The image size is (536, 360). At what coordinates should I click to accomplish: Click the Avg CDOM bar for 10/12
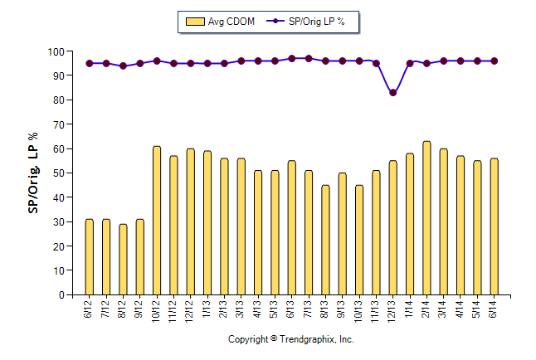157,221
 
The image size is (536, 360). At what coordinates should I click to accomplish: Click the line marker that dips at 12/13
392,93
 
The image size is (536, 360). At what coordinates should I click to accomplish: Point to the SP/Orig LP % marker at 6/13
292,59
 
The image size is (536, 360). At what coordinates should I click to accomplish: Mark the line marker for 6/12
90,63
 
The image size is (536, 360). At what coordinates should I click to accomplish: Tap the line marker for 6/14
494,61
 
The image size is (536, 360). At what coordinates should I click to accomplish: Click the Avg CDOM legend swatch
195,22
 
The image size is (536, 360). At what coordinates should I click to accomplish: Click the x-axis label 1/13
207,309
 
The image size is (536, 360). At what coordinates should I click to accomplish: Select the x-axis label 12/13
392,311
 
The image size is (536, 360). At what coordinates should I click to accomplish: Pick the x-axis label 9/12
140,309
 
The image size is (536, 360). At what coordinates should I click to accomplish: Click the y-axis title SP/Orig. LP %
34,173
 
